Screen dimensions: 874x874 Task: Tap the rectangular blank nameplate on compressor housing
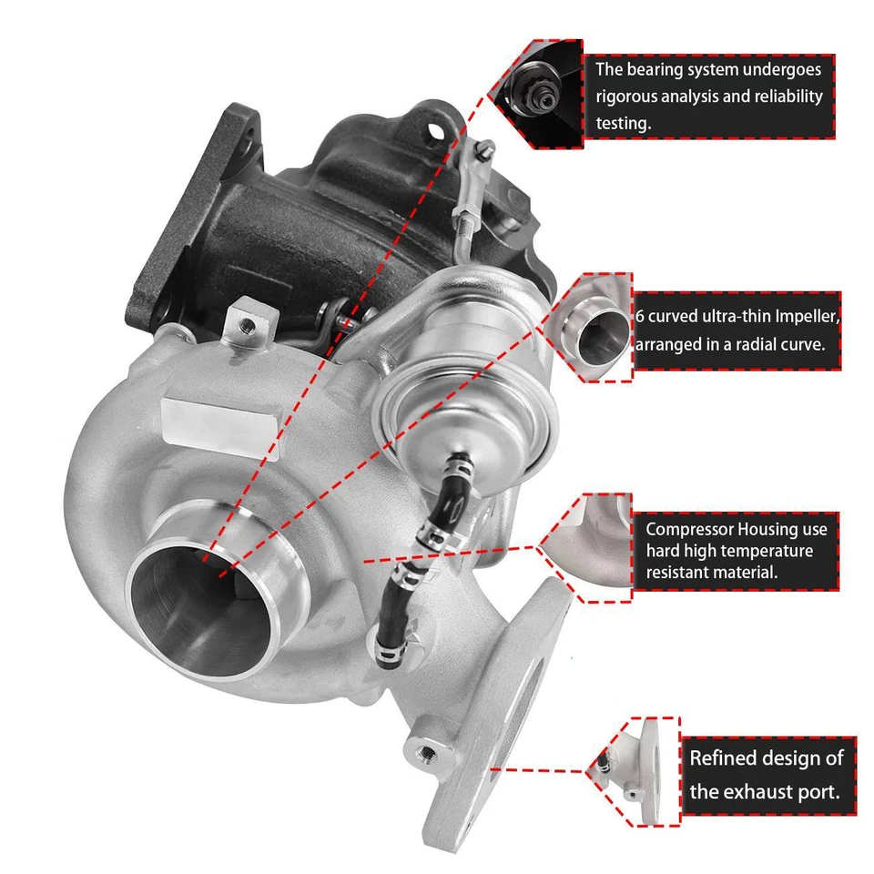pos(219,416)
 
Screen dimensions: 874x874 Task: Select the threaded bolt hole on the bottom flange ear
pos(428,752)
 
